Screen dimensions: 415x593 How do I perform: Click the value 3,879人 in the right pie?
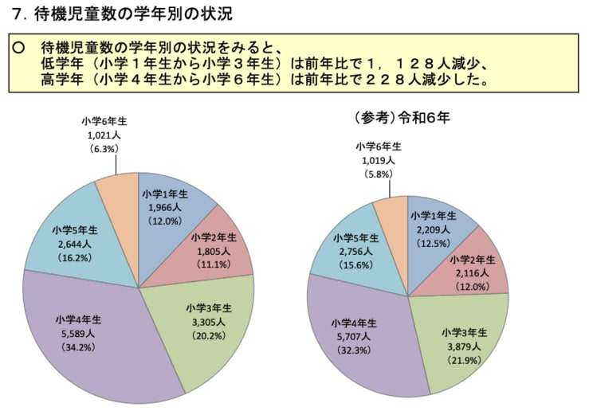pos(464,346)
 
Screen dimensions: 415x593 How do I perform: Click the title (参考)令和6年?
pos(402,118)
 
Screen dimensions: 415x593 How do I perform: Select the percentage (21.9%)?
pos(464,360)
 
